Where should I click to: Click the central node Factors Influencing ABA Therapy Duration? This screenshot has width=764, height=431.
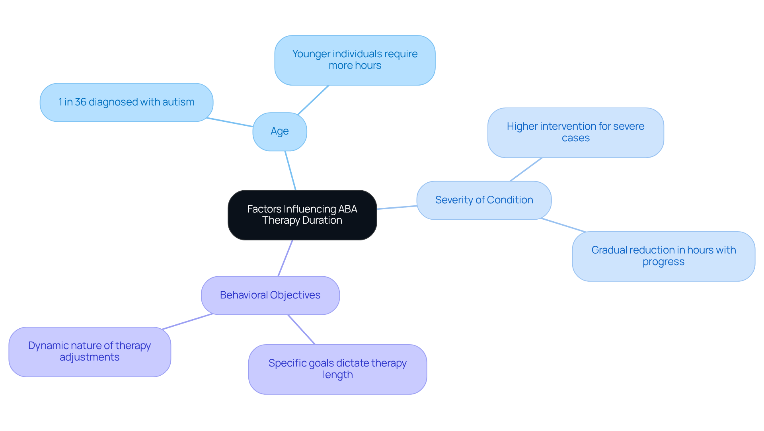302,215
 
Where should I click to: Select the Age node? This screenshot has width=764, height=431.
280,131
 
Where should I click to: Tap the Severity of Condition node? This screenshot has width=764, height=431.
484,200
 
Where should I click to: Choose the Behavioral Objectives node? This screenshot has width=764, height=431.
270,295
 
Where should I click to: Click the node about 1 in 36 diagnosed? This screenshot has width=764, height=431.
126,102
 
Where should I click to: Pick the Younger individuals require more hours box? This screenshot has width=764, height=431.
355,60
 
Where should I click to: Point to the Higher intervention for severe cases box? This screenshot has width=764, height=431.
575,133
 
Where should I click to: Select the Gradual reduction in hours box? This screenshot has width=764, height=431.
663,256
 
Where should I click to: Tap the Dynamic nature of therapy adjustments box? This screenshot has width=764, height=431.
90,352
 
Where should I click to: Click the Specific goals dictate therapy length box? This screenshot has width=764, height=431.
337,369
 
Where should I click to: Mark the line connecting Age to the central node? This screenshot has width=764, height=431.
290,171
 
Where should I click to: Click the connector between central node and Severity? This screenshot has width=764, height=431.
397,207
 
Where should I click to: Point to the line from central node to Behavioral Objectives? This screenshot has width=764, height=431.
285,258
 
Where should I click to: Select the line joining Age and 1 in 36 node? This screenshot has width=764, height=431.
230,122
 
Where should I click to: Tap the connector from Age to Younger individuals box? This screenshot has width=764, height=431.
313,99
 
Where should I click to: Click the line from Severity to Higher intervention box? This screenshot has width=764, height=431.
526,170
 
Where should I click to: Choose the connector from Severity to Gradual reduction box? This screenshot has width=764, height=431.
563,225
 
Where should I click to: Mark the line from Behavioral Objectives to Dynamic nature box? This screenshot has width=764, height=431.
187,322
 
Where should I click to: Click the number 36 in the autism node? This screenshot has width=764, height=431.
81,102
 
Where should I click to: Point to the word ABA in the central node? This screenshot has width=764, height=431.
347,209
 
